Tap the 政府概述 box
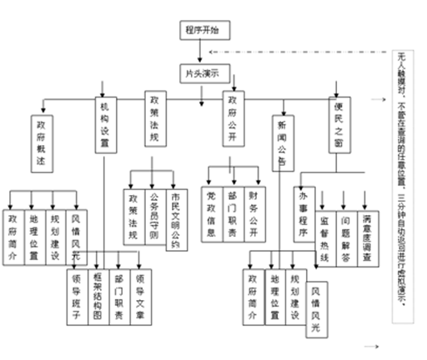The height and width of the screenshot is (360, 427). (43, 132)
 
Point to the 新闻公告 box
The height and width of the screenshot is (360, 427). (284, 137)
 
